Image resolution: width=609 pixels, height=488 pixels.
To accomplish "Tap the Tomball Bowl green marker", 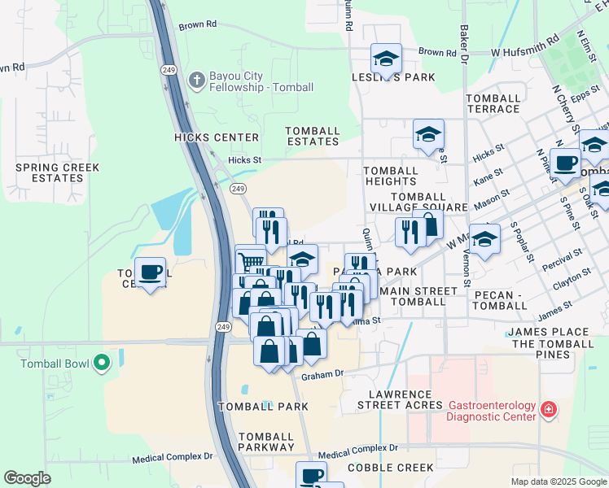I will click(x=102, y=362).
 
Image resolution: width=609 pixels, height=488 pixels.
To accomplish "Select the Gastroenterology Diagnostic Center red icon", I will click(x=549, y=409).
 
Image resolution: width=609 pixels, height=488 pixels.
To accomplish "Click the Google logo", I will click(x=27, y=478).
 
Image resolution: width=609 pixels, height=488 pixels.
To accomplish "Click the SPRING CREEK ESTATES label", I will click(x=57, y=172).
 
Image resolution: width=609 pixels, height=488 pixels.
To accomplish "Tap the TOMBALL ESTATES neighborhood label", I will click(x=313, y=136).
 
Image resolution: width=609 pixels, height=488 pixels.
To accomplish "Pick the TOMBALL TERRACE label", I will click(x=493, y=103).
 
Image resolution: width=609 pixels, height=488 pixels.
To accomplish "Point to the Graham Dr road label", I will click(x=323, y=376).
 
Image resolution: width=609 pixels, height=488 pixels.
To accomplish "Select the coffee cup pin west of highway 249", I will click(x=149, y=272).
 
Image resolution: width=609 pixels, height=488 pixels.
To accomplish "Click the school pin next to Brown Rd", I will click(x=386, y=59).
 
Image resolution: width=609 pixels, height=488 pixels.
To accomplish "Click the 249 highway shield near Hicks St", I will click(x=237, y=189).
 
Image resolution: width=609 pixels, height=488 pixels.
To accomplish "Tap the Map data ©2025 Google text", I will click(x=558, y=481).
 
